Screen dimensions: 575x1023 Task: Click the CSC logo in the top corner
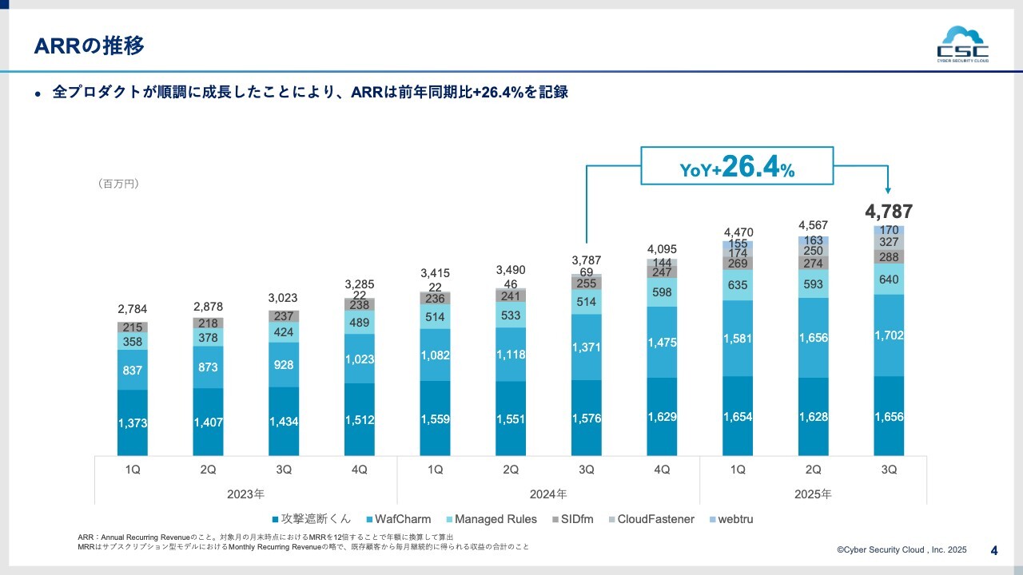tap(962, 45)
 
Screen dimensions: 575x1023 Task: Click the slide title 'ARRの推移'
tap(90, 46)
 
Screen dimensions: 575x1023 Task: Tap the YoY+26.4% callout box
tap(736, 167)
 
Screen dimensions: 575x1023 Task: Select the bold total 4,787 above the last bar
tap(889, 212)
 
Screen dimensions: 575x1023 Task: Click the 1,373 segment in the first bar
tap(133, 423)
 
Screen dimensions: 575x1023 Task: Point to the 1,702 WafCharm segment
tap(889, 335)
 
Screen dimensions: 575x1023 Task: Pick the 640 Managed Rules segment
tap(889, 280)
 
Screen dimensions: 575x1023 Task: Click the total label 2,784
tap(133, 309)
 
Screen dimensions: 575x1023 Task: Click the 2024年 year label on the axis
tap(548, 494)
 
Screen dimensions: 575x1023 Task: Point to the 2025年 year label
tap(813, 494)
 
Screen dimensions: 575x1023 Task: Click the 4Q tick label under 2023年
tap(360, 470)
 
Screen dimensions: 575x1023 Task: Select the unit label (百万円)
tap(118, 184)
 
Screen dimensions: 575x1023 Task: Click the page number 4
tap(994, 549)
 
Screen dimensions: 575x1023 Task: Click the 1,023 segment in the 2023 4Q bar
tap(360, 359)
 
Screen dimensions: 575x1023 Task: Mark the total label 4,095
tap(662, 248)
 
